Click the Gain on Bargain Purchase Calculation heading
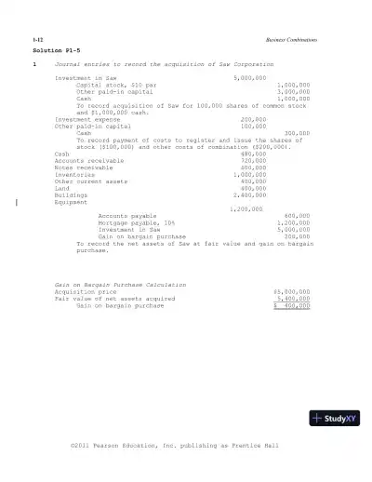120,284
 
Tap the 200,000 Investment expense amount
253,119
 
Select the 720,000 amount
253,160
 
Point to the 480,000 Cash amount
253,154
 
